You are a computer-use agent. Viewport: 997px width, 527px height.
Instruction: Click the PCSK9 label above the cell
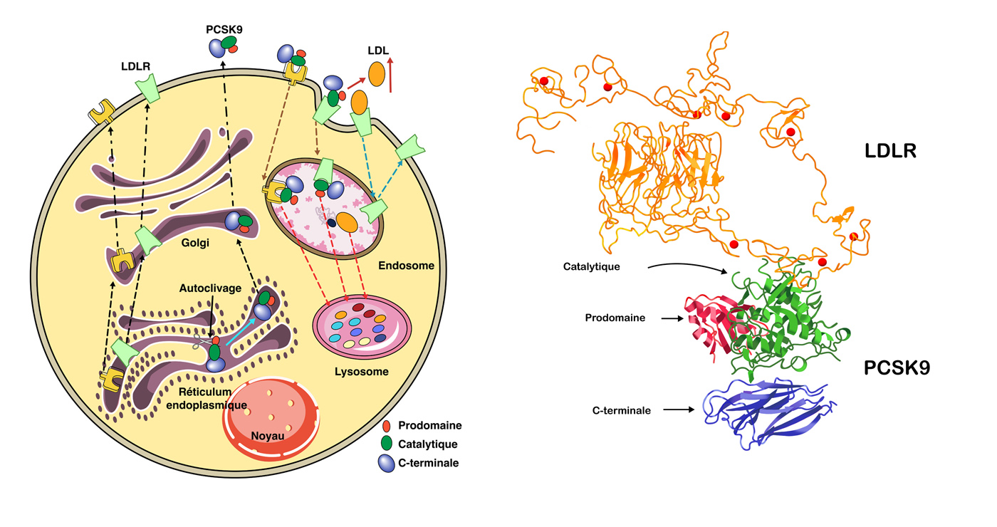(x=224, y=29)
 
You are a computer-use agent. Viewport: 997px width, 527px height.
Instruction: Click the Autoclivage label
(x=207, y=290)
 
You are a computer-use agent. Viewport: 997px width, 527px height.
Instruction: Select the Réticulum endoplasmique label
(x=206, y=399)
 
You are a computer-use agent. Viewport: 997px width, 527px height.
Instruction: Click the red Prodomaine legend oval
(x=387, y=426)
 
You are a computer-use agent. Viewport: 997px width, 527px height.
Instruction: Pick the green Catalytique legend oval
(x=387, y=444)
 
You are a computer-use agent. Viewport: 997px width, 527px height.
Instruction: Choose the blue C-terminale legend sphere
(x=387, y=463)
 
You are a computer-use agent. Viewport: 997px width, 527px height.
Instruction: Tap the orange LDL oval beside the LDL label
(x=376, y=73)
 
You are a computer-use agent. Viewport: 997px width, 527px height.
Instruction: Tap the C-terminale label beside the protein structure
(x=621, y=410)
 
